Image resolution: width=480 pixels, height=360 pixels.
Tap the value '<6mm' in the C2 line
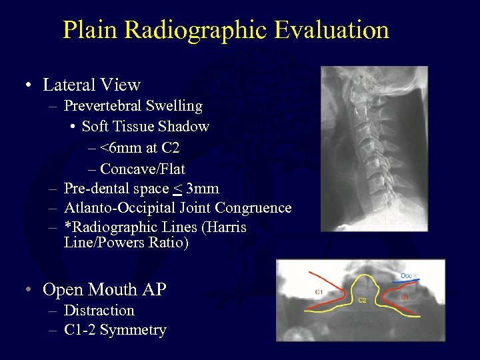113,148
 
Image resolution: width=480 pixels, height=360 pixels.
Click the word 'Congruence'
256,208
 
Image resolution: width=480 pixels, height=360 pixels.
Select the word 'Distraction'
99,311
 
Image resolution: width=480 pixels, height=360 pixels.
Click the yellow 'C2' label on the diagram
362,301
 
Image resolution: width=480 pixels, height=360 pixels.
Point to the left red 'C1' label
319,292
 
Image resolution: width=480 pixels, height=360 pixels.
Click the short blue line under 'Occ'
406,283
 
